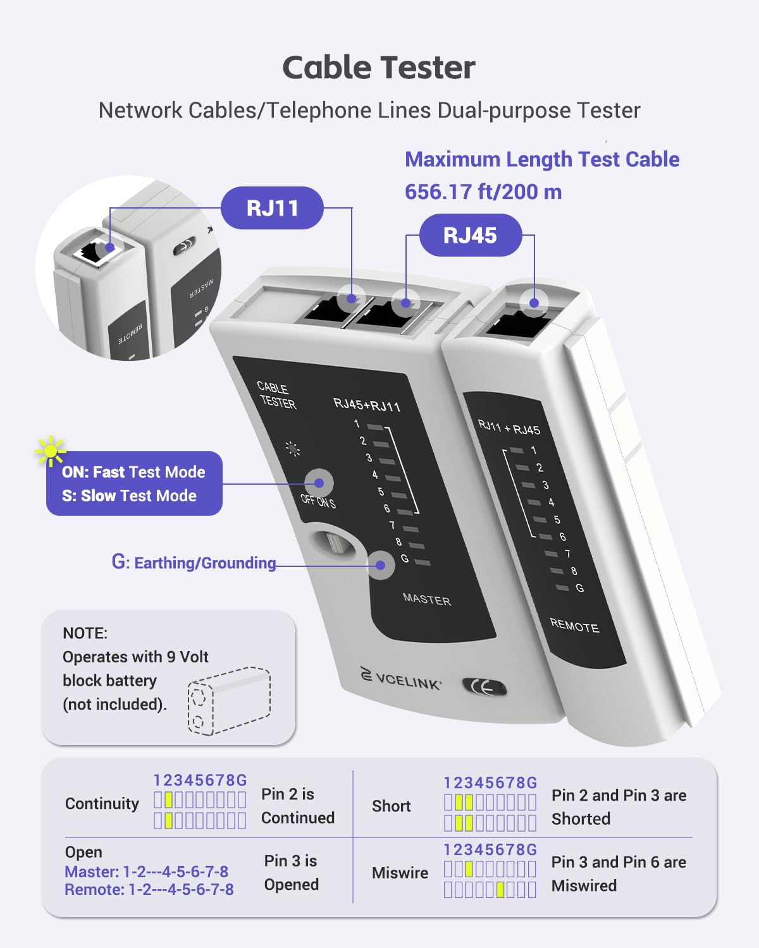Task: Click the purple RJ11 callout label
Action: tap(272, 208)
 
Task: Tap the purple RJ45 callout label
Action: tap(470, 235)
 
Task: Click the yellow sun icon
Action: tap(50, 451)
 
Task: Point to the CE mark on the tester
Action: tap(484, 688)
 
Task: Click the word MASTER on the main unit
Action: tap(427, 599)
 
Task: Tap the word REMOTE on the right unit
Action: tap(574, 625)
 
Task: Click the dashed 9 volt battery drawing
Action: tap(229, 700)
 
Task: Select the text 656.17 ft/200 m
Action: tap(483, 192)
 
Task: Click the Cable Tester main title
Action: tap(379, 68)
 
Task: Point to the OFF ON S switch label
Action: tap(318, 501)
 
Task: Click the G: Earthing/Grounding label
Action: tap(194, 562)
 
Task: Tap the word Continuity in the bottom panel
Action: tap(102, 804)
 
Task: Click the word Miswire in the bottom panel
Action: tap(400, 873)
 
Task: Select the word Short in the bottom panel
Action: tap(391, 806)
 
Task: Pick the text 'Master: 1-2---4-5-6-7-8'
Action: tap(146, 872)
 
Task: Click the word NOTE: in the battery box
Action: tap(85, 633)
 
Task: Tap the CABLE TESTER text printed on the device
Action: tap(276, 395)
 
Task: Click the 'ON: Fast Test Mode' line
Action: tap(133, 472)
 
